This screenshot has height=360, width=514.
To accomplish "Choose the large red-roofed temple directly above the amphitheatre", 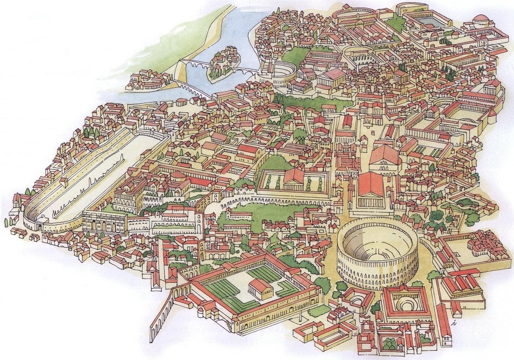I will click(370, 185).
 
